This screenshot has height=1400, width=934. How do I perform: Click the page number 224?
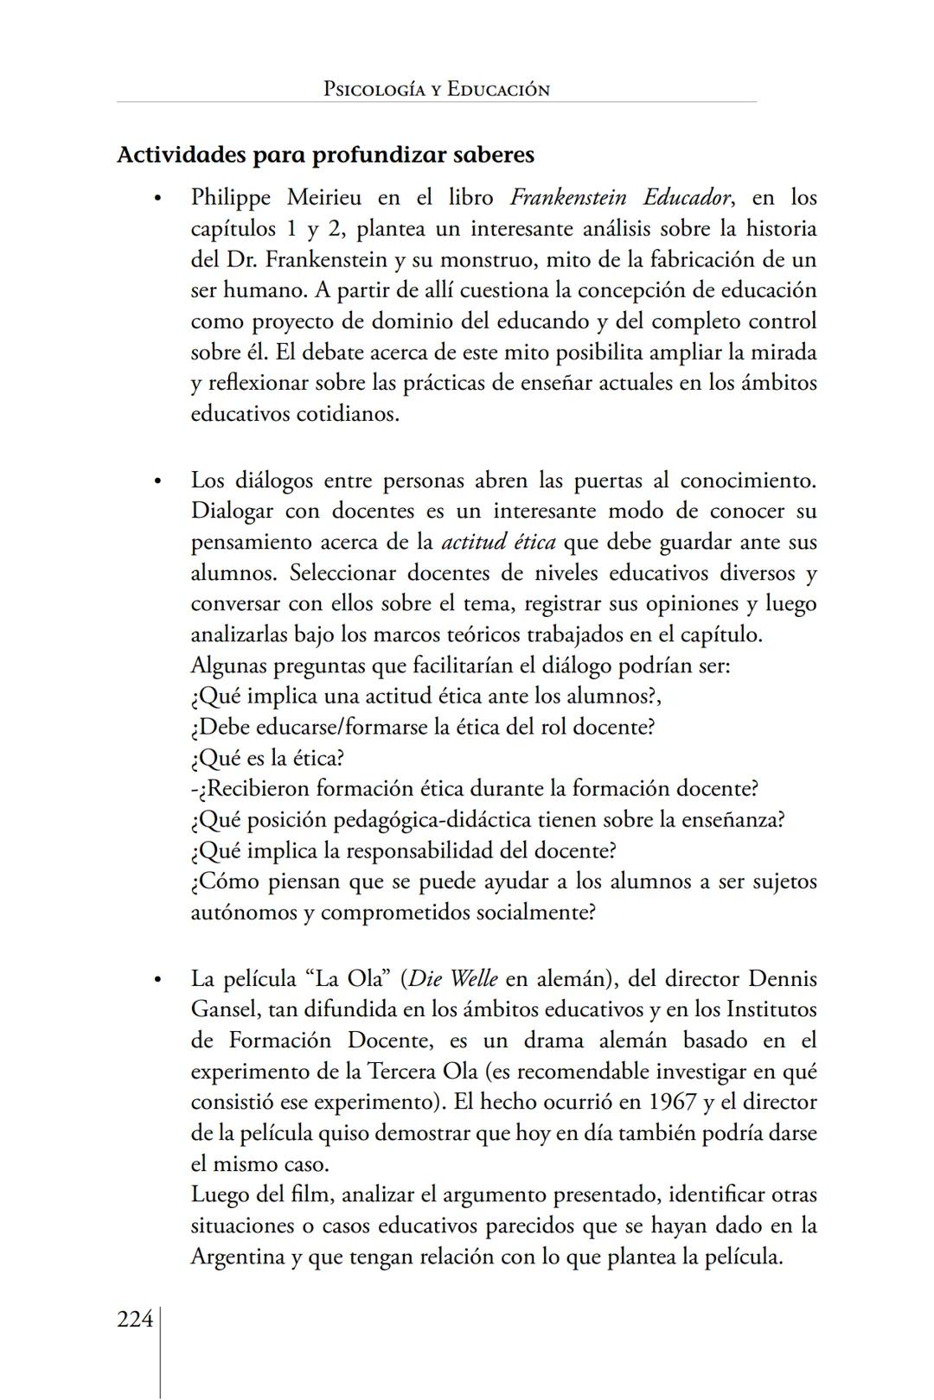(x=135, y=1320)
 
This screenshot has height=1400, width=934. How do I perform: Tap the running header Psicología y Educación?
(x=436, y=89)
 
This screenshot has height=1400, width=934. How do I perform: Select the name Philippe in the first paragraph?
(x=230, y=198)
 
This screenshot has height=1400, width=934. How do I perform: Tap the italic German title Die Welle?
(x=453, y=979)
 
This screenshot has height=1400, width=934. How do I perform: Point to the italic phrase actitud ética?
(x=498, y=543)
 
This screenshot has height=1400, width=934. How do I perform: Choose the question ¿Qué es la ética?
(x=267, y=758)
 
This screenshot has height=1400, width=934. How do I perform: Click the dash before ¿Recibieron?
(x=195, y=789)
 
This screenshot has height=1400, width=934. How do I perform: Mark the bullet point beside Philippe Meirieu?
(x=157, y=199)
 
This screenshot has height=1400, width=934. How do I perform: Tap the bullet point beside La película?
(x=157, y=980)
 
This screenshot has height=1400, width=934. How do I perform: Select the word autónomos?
(x=243, y=913)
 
